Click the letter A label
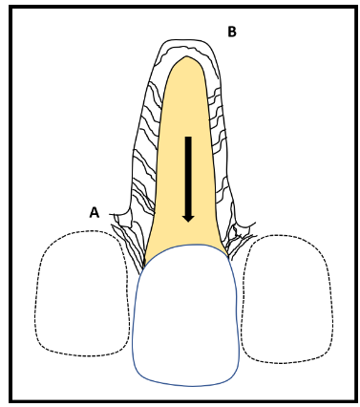click(94, 212)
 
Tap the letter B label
click(232, 32)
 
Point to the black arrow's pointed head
click(188, 218)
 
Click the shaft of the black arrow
click(188, 176)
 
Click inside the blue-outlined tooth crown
click(186, 315)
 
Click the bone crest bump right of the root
click(243, 227)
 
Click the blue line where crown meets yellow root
click(186, 245)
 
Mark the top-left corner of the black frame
click(11, 7)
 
